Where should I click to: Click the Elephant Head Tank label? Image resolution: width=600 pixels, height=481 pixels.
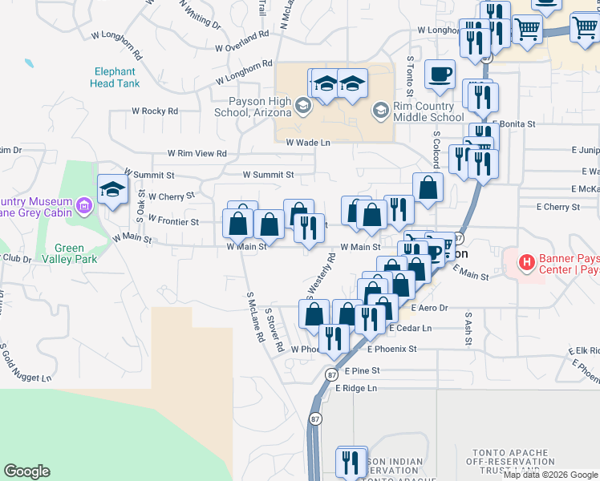[x=116, y=77]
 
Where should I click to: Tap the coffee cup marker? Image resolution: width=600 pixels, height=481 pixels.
[x=440, y=75]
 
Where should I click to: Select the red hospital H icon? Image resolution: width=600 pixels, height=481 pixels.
[x=526, y=261]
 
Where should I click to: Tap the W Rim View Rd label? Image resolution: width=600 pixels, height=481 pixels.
[x=197, y=153]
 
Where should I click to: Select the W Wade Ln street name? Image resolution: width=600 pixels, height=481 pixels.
[x=308, y=142]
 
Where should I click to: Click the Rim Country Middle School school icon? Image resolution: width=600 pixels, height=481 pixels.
[x=380, y=108]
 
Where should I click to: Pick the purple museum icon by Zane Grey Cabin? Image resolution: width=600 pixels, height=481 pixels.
[x=83, y=208]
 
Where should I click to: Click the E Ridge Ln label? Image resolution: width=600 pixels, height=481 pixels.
[x=355, y=388]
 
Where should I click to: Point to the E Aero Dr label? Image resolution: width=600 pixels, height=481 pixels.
[x=429, y=307]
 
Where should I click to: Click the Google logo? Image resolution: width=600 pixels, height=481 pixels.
[x=26, y=471]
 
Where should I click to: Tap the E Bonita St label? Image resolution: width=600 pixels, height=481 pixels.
[x=513, y=124]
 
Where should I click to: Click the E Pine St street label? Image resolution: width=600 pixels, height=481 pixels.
[x=362, y=371]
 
